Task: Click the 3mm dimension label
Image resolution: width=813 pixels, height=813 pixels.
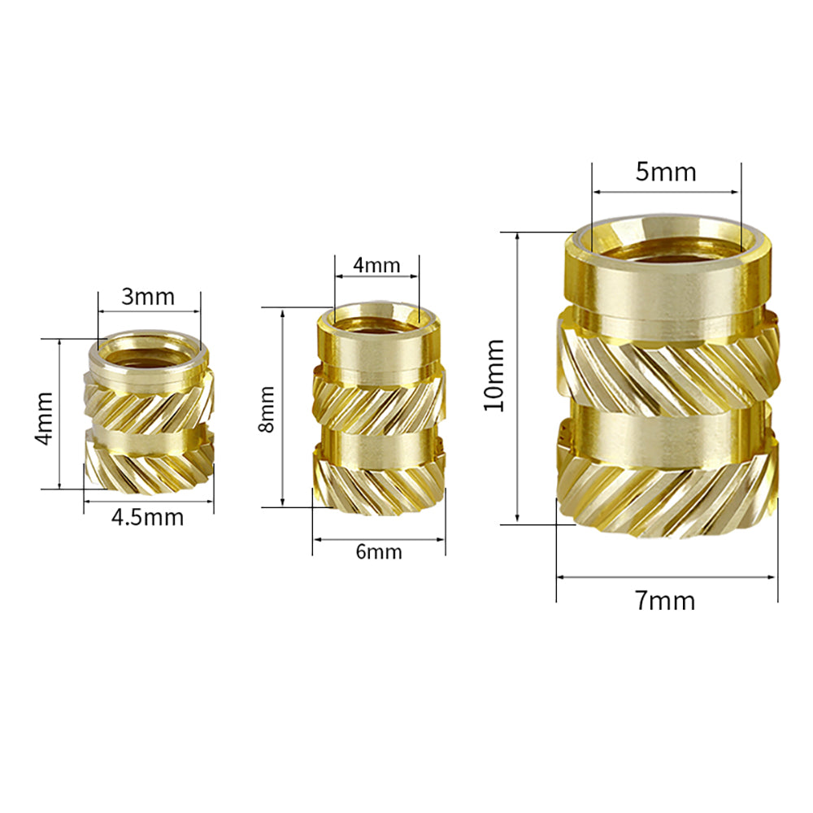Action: point(148,297)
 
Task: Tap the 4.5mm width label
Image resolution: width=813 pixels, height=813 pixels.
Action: point(148,517)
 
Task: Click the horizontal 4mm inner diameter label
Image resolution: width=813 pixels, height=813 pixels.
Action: point(376,265)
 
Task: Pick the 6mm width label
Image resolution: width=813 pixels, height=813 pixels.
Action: point(379,552)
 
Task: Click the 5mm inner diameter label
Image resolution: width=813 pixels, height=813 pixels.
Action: point(666,172)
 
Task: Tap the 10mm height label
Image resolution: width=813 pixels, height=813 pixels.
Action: point(494,376)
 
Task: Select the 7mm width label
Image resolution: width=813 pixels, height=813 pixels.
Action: point(665,601)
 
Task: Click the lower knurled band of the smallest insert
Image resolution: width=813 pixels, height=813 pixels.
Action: point(148,468)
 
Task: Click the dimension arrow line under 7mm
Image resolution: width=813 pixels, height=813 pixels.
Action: point(667,577)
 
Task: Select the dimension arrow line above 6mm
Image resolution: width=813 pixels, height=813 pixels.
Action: point(379,538)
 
